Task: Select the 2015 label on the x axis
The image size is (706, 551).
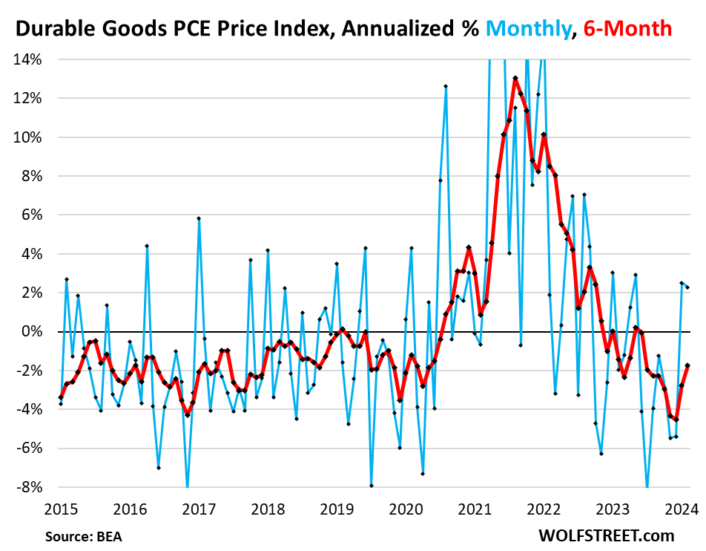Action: tap(61, 509)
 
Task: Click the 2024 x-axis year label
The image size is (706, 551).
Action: tap(680, 509)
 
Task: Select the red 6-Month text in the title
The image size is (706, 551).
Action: tap(627, 28)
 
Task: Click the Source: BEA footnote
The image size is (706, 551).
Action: tap(83, 536)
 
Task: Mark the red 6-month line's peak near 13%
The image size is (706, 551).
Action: tap(515, 78)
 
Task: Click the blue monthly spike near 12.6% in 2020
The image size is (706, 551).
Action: tap(446, 86)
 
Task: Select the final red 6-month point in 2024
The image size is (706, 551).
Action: tap(687, 365)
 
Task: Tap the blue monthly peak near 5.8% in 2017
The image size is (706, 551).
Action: tap(199, 218)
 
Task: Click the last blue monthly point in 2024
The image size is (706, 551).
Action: tap(687, 287)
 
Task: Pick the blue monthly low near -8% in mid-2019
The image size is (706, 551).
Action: tap(371, 486)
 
